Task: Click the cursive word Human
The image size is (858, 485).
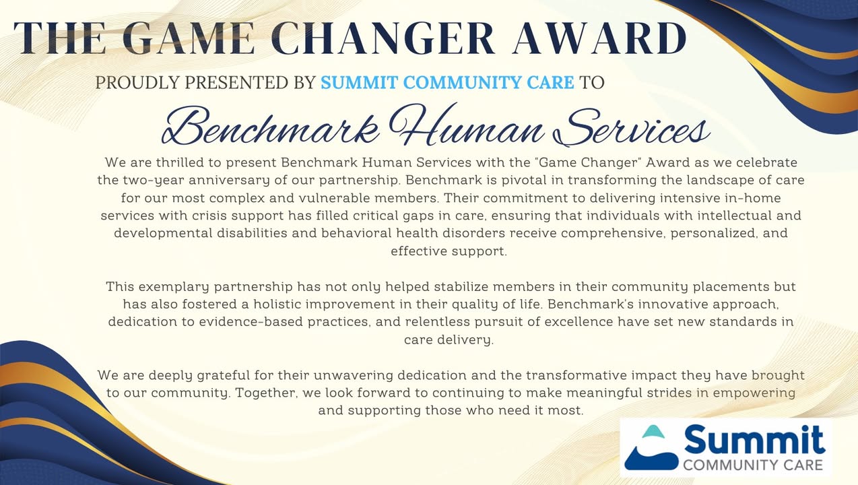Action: point(467,125)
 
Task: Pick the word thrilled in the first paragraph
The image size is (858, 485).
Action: point(180,162)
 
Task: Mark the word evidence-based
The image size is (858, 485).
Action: point(251,322)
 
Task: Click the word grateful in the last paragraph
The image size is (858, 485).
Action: point(223,375)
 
